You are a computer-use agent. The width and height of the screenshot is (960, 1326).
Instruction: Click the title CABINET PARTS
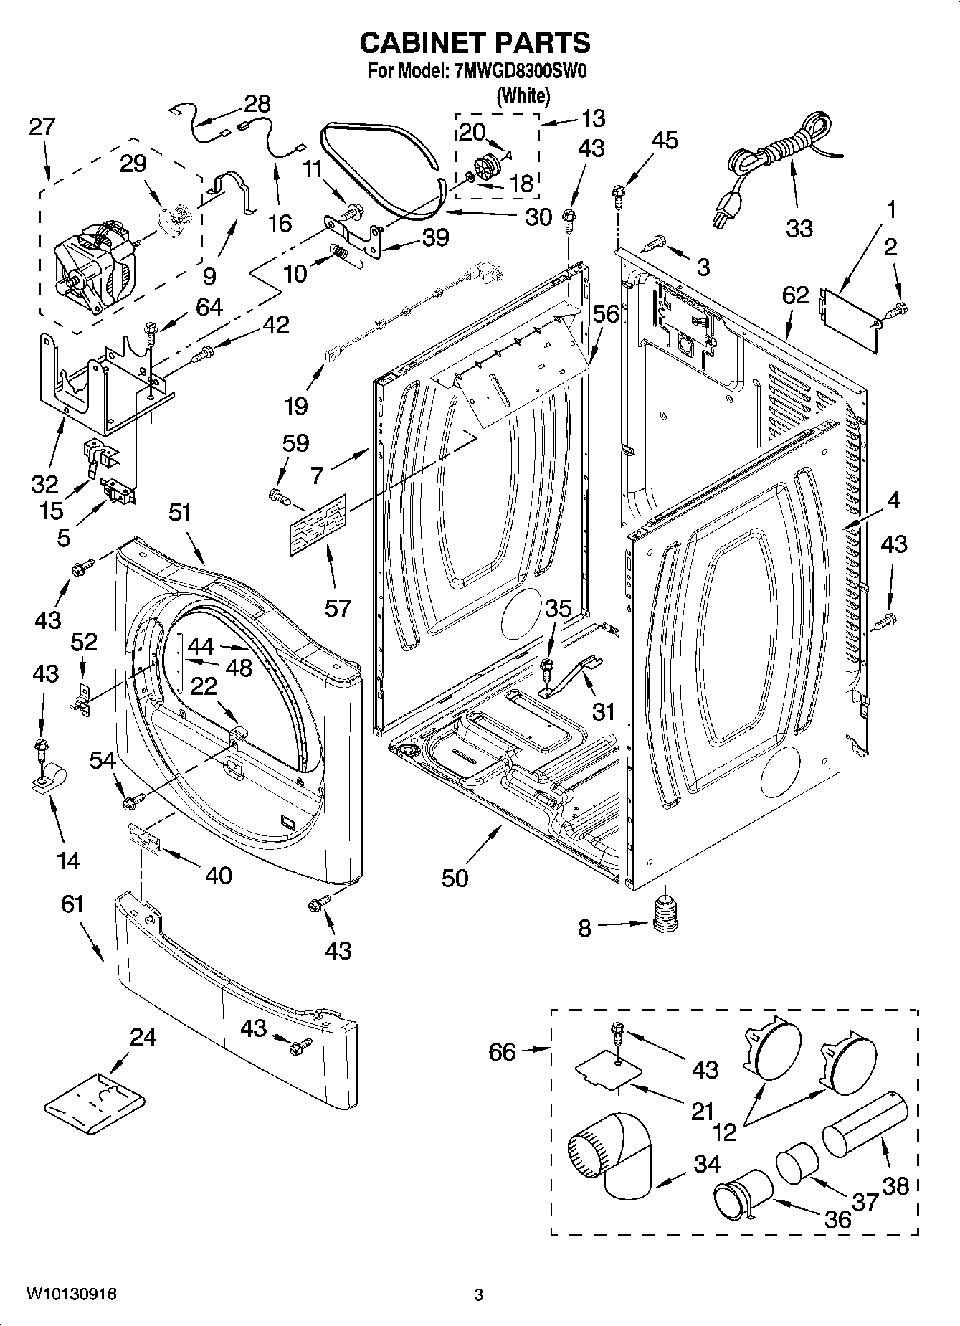475,43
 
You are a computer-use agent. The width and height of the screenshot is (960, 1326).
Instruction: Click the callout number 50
455,878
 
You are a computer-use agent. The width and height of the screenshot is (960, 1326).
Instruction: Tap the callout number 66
502,1051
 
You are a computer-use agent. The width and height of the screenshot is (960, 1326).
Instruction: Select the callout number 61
72,904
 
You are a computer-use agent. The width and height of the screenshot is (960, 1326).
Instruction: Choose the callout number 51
181,513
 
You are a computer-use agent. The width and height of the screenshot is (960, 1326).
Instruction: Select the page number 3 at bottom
478,1296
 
